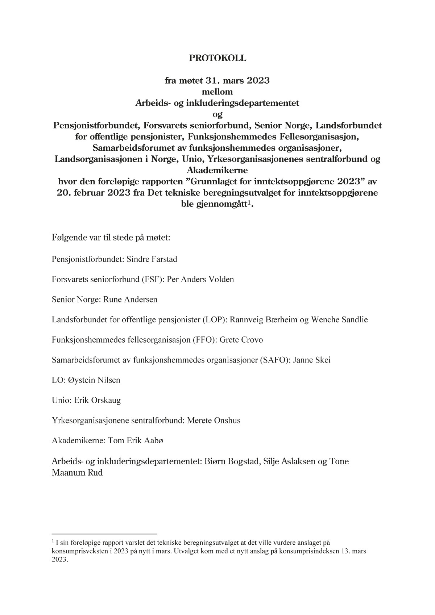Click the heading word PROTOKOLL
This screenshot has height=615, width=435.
(217, 58)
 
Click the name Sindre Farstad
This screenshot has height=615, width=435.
(148, 259)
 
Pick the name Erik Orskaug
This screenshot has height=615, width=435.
(97, 401)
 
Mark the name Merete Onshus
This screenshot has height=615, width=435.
(214, 421)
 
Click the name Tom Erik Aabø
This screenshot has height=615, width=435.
(136, 441)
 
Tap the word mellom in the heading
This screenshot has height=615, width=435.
(217, 92)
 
